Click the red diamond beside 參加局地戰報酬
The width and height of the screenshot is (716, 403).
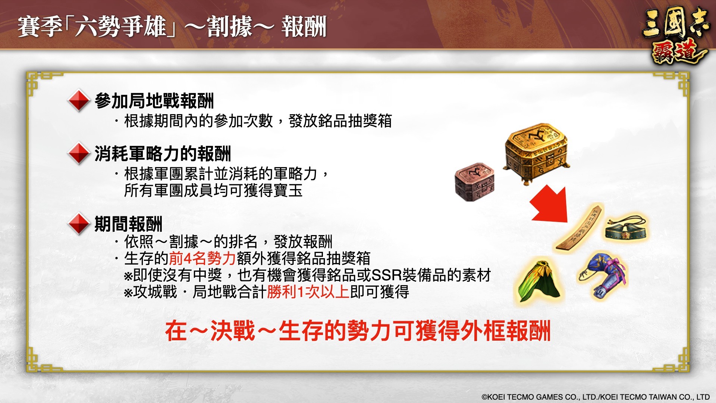pyautogui.click(x=79, y=100)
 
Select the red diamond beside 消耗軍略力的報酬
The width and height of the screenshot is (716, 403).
pyautogui.click(x=79, y=153)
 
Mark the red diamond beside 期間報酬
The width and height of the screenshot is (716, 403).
pyautogui.click(x=79, y=224)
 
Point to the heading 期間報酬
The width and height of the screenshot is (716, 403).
pyautogui.click(x=129, y=224)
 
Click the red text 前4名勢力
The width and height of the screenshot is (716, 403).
pyautogui.click(x=202, y=258)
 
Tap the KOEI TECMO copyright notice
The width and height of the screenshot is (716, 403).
pyautogui.click(x=596, y=397)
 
